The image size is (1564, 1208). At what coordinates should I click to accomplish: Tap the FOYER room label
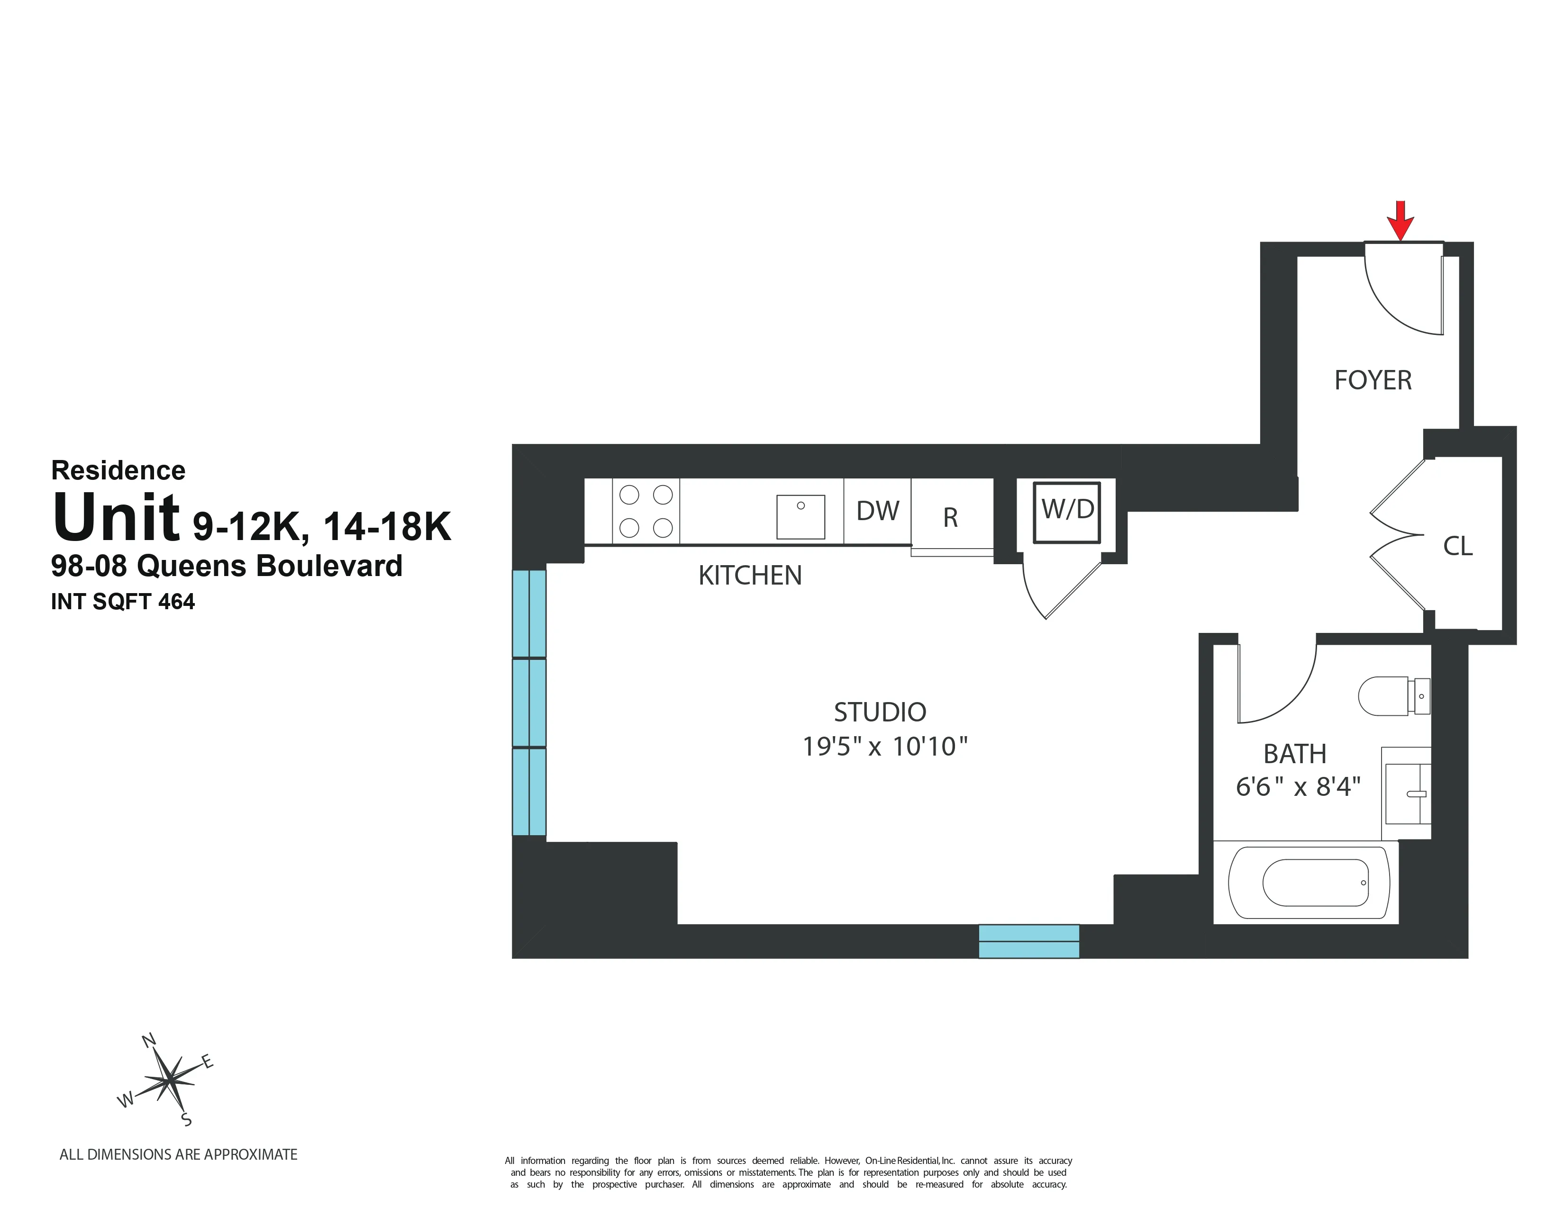click(1373, 380)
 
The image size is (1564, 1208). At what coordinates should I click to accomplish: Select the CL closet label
click(1457, 547)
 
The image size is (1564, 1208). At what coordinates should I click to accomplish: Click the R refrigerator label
click(950, 517)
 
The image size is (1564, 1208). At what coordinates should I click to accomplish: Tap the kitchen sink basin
click(800, 516)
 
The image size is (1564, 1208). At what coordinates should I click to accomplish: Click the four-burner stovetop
click(646, 511)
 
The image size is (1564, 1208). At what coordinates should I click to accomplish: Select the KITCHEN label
click(750, 576)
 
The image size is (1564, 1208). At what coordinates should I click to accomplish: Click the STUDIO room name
click(880, 712)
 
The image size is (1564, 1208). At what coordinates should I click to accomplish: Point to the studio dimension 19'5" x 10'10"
click(884, 747)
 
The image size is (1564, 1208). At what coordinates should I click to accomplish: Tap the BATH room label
click(1295, 754)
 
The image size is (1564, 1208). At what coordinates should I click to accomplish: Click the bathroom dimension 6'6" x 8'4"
click(1298, 786)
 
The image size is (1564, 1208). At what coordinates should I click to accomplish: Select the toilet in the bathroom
click(1391, 695)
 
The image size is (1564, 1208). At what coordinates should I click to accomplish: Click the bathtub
click(1309, 883)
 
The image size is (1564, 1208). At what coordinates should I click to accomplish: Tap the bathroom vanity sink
click(1407, 793)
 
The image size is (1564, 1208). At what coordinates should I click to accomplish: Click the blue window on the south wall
click(1028, 941)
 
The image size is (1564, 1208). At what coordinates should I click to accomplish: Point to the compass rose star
click(168, 1080)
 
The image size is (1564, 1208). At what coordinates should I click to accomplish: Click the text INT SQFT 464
click(122, 602)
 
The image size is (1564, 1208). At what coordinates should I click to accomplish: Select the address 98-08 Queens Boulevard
click(226, 566)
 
